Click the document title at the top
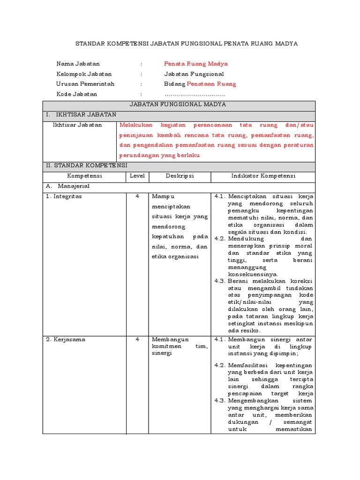pos(187,44)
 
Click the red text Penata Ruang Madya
pos(195,64)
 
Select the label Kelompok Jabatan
pos(84,74)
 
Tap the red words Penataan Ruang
pos(211,84)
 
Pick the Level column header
pos(137,176)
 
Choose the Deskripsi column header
pos(180,176)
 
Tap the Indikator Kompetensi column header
pos(263,176)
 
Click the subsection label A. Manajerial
pos(67,186)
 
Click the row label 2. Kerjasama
pos(65,340)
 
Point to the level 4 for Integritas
pos(137,196)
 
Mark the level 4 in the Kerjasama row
pos(137,340)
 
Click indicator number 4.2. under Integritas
pos(220,239)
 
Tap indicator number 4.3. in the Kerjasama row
pos(220,401)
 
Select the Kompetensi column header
pos(84,176)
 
